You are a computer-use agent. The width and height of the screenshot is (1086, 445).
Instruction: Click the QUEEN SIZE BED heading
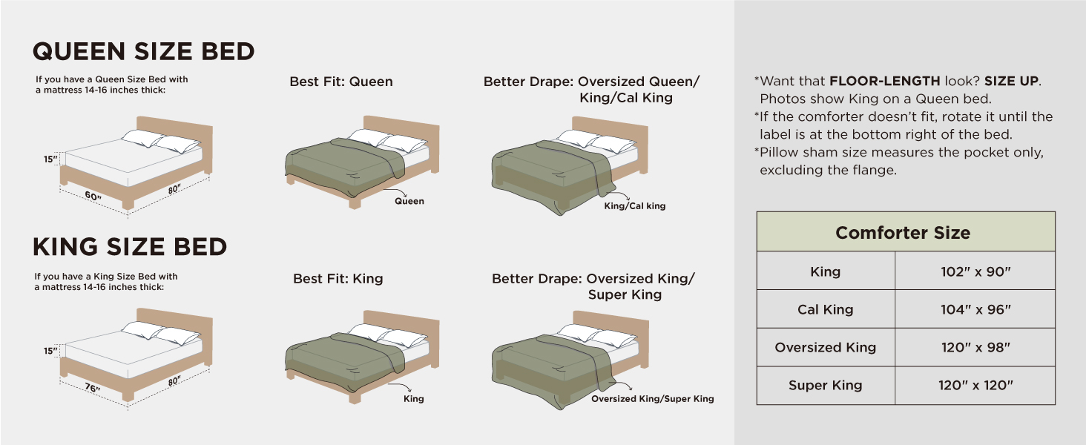(x=144, y=51)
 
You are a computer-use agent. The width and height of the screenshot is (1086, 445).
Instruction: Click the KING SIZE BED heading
(x=130, y=246)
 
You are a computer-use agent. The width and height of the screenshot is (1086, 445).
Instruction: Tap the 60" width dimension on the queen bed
(x=93, y=197)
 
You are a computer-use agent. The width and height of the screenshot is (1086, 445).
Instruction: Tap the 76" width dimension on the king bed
(x=93, y=389)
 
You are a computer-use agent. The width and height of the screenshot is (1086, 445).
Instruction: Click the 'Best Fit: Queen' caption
(x=340, y=82)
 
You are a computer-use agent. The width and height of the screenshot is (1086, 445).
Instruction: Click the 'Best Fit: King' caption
(x=338, y=279)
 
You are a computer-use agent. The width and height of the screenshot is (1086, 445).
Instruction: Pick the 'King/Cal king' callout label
(x=634, y=206)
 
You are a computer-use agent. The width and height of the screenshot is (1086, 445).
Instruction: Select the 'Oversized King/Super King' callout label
(x=652, y=399)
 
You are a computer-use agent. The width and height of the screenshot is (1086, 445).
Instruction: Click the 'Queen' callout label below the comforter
(x=409, y=201)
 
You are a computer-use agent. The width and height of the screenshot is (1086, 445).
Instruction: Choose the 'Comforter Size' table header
(x=903, y=233)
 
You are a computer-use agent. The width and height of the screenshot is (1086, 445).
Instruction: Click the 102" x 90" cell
(x=975, y=271)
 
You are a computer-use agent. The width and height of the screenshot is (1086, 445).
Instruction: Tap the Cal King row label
(x=825, y=309)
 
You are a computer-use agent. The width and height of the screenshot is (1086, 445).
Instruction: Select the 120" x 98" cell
(x=975, y=347)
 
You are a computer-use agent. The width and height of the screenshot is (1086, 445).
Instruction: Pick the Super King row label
(x=825, y=385)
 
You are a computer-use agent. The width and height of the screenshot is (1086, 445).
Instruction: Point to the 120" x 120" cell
(x=975, y=385)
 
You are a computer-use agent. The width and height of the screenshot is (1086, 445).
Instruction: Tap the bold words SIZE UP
(x=1011, y=81)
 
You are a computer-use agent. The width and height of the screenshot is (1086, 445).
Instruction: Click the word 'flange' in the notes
(x=875, y=170)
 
